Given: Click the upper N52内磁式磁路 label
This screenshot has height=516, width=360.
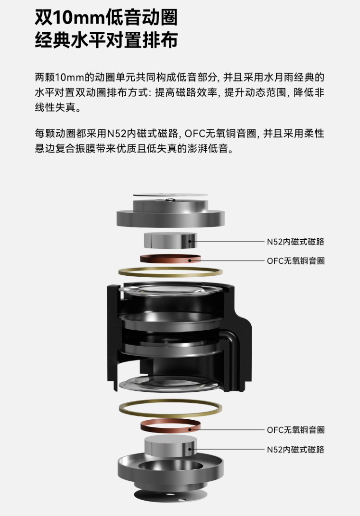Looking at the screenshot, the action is (296, 242).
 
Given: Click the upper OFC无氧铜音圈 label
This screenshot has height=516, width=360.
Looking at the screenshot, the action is (296, 261).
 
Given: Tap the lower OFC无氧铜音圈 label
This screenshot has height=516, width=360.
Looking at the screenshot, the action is (296, 430).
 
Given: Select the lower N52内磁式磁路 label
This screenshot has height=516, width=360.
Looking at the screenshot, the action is (296, 450).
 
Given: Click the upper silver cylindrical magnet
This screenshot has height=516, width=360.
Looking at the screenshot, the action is (170, 241).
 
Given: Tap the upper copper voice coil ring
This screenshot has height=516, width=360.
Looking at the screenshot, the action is (170, 258).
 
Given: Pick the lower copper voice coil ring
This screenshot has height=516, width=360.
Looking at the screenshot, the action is (170, 426).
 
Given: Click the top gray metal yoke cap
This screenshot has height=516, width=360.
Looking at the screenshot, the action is (170, 213).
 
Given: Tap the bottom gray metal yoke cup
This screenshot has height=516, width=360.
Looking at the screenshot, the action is (170, 471).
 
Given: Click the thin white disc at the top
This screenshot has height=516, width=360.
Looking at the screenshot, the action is (170, 195).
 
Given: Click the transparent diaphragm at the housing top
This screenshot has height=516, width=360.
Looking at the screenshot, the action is (170, 290).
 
